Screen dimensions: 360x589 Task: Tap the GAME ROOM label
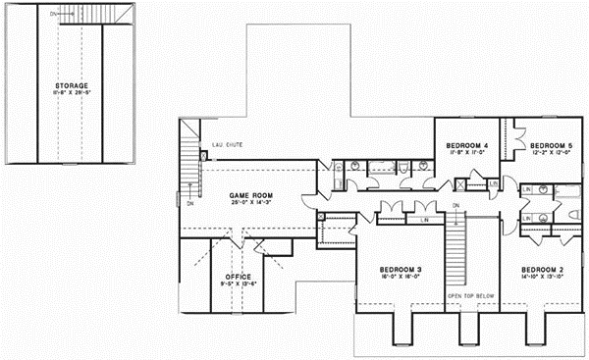pyautogui.click(x=251, y=195)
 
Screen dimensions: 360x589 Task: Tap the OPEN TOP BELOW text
pyautogui.click(x=470, y=295)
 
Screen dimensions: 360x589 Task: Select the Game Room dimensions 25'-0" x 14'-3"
pyautogui.click(x=251, y=203)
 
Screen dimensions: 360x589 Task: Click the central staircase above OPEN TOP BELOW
pyautogui.click(x=455, y=251)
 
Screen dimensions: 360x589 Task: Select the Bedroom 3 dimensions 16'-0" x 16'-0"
pyautogui.click(x=402, y=277)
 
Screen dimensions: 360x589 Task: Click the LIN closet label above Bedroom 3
pyautogui.click(x=424, y=221)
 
